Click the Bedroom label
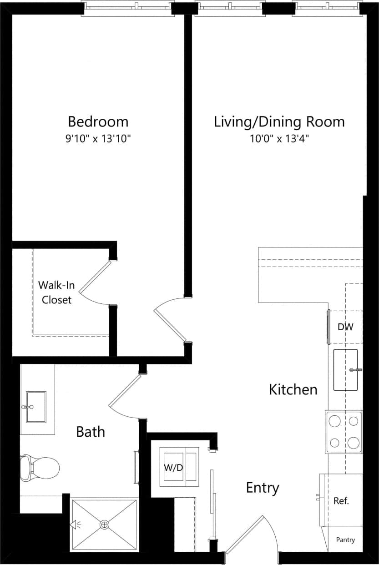[98, 122]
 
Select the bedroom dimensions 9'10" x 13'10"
[98, 139]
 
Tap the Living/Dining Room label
[279, 122]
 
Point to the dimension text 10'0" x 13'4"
[279, 139]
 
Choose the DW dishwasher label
[345, 327]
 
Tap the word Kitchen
[293, 390]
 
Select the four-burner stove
[344, 432]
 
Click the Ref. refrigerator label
[341, 501]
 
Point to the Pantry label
[345, 540]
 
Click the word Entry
[263, 488]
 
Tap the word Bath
[91, 432]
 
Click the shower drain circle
[105, 525]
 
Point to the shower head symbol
[74, 525]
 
